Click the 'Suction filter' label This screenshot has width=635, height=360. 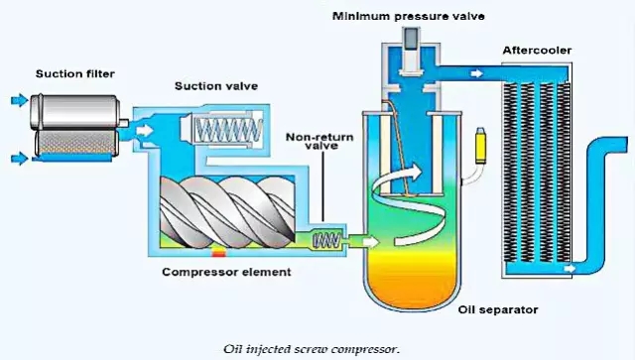pos(75,73)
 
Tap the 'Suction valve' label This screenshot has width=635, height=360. pos(216,86)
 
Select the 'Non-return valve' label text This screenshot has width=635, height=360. pos(319,141)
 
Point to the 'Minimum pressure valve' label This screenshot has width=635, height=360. pos(408,16)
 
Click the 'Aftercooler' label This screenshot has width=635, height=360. pos(537,51)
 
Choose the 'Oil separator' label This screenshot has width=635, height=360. pos(498,309)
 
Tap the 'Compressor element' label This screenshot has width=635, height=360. pos(226,272)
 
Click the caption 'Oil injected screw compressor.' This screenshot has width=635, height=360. pos(312,349)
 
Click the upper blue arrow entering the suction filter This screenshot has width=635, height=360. pos(20,99)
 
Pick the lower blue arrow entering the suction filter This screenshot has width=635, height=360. pos(20,158)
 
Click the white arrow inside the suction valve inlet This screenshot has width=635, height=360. pos(145,130)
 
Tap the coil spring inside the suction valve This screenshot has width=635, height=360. pos(228,130)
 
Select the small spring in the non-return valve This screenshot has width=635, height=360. pos(327,240)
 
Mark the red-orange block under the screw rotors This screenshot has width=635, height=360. pos(218,253)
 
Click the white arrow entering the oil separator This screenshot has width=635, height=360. pos(370,242)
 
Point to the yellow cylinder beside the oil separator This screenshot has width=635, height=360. pos(480,146)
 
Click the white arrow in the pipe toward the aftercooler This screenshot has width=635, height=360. pos(477,73)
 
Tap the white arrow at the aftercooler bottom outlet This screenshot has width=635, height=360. pos(570,268)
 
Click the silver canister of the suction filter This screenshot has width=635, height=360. pos(75,112)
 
